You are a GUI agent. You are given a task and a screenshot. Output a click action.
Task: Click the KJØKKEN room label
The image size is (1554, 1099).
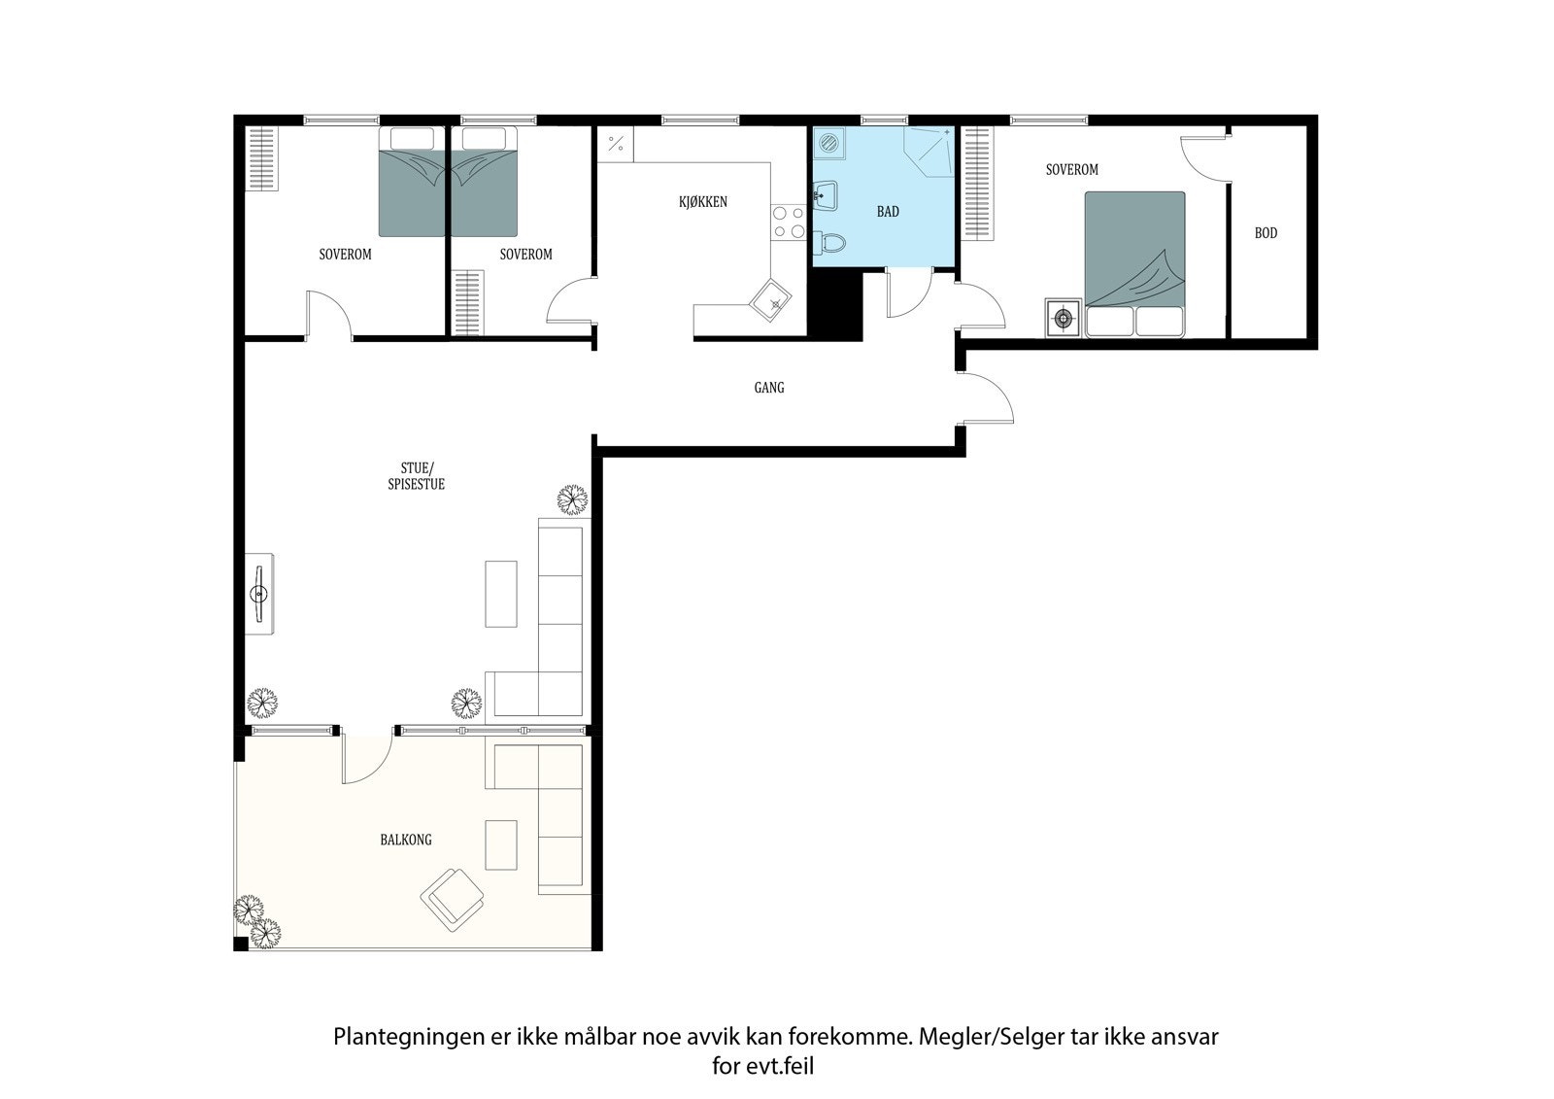(702, 202)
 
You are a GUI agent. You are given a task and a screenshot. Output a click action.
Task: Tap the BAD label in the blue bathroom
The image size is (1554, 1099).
(888, 211)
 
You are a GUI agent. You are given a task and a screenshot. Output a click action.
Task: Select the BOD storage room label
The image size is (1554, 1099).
(1266, 233)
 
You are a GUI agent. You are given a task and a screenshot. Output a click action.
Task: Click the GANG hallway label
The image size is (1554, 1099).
(768, 388)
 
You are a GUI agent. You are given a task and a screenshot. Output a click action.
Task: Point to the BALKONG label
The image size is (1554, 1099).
(406, 840)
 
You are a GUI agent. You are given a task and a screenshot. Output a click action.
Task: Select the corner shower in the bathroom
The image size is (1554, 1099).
(929, 153)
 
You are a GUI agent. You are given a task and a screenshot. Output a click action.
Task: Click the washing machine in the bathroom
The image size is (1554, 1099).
(828, 144)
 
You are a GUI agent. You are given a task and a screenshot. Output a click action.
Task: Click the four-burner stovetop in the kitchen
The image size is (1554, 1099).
(788, 222)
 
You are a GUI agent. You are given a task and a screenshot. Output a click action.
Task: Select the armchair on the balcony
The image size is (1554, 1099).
(454, 899)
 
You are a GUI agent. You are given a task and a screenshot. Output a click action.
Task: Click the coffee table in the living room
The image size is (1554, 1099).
(501, 593)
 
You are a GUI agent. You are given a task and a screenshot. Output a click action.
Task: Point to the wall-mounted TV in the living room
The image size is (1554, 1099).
(259, 594)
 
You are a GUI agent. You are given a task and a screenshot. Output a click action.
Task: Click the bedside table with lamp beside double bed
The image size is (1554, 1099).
(1064, 318)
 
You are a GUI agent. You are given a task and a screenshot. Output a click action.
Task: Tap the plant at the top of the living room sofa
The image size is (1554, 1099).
(573, 500)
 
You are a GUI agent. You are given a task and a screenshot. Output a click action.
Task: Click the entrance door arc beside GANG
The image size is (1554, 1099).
(989, 398)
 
